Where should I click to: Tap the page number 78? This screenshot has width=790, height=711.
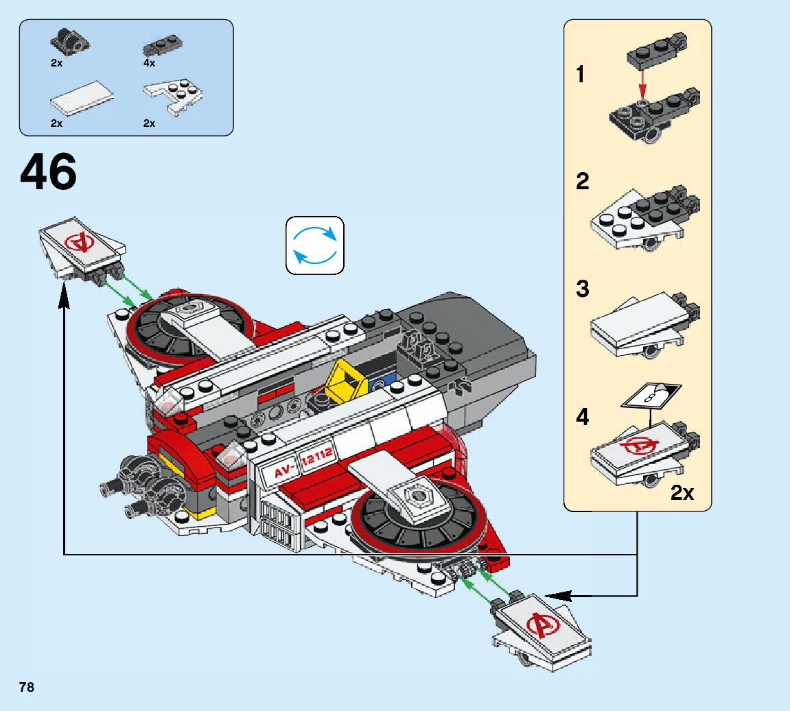(x=27, y=687)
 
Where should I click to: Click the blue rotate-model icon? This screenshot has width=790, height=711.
(x=314, y=245)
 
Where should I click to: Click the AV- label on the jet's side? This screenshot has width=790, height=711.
(x=284, y=471)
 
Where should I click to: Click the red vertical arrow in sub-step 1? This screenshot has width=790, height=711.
(x=642, y=88)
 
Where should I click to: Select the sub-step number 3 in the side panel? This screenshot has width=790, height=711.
(x=582, y=289)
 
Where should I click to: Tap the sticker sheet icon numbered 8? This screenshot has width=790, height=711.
(x=651, y=396)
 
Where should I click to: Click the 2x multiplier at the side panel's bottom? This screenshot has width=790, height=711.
(x=682, y=492)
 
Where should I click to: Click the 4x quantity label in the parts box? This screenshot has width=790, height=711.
(x=149, y=63)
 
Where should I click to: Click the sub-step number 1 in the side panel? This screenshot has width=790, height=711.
(x=581, y=75)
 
